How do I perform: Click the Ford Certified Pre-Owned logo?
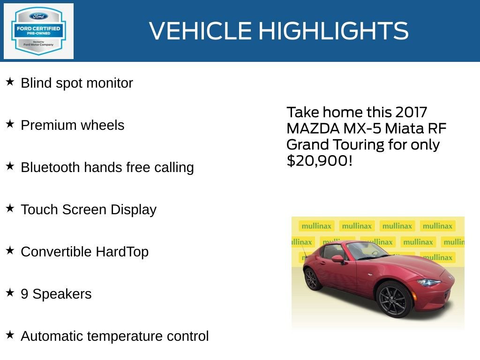tap(38, 31)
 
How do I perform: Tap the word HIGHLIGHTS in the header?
tap(333, 31)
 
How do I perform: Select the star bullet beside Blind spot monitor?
tap(10, 82)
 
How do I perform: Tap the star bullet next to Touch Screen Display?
tap(10, 209)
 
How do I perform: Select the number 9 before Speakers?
tap(24, 294)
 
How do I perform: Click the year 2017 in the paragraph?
tap(411, 112)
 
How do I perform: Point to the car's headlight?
tap(428, 283)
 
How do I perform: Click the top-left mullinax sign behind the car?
tap(316, 226)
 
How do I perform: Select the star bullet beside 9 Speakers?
tap(10, 293)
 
